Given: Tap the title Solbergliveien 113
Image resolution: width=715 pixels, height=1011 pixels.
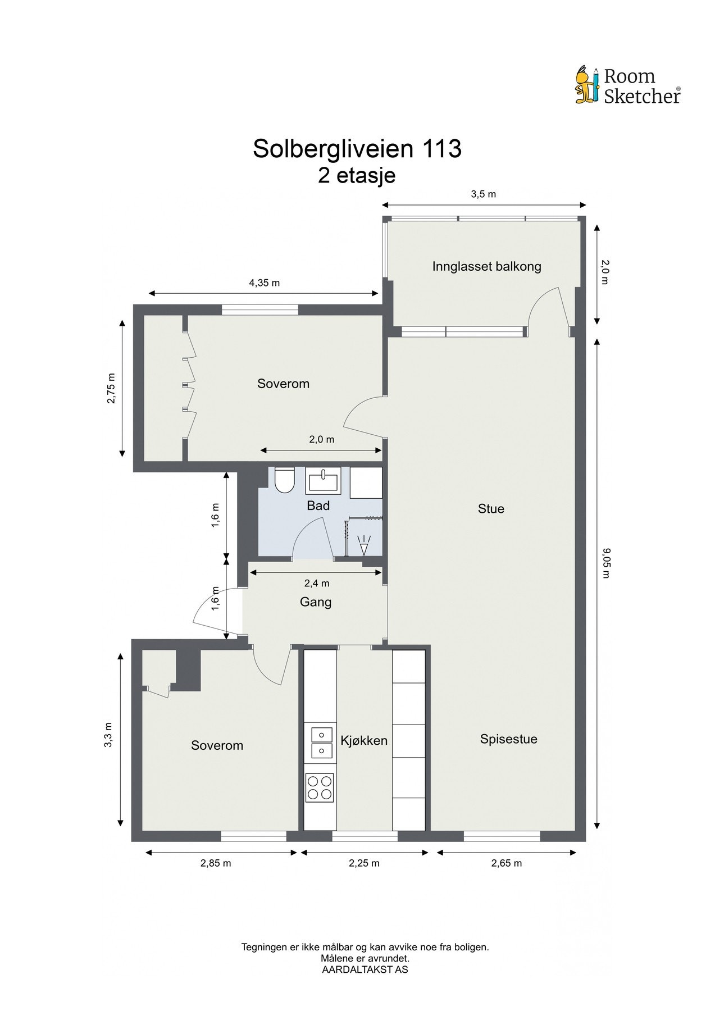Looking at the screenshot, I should click(x=357, y=149).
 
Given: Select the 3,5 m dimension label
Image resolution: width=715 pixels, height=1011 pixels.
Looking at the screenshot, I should click(x=483, y=194).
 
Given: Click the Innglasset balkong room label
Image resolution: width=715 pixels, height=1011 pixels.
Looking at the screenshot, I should click(x=486, y=266).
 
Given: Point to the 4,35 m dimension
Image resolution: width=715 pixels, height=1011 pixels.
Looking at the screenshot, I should click(x=264, y=283).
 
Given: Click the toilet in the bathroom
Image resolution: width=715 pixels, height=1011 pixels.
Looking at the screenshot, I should click(x=285, y=480).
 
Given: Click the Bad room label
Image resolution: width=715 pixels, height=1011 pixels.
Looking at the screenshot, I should click(x=318, y=505).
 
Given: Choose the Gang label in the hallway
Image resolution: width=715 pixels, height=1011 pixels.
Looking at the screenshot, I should click(x=316, y=602).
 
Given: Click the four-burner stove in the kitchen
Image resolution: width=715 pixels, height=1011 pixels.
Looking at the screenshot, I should click(x=319, y=787).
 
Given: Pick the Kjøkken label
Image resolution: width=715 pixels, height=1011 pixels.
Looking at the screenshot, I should click(x=364, y=740).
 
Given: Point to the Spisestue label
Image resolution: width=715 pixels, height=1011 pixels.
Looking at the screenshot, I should click(x=508, y=739).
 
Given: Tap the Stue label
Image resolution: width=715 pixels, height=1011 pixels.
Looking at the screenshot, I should click(x=491, y=509).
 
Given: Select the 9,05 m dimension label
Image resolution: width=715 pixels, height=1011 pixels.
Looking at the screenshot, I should click(x=605, y=563).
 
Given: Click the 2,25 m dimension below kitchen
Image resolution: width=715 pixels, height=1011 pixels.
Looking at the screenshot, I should click(x=364, y=863).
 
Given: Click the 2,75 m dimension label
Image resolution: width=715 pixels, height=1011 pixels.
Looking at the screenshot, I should click(x=111, y=388).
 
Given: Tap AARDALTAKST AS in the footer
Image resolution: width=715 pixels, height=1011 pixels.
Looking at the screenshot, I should click(x=365, y=969).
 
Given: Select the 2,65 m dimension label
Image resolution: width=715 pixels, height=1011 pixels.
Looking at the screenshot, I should click(x=506, y=863).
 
